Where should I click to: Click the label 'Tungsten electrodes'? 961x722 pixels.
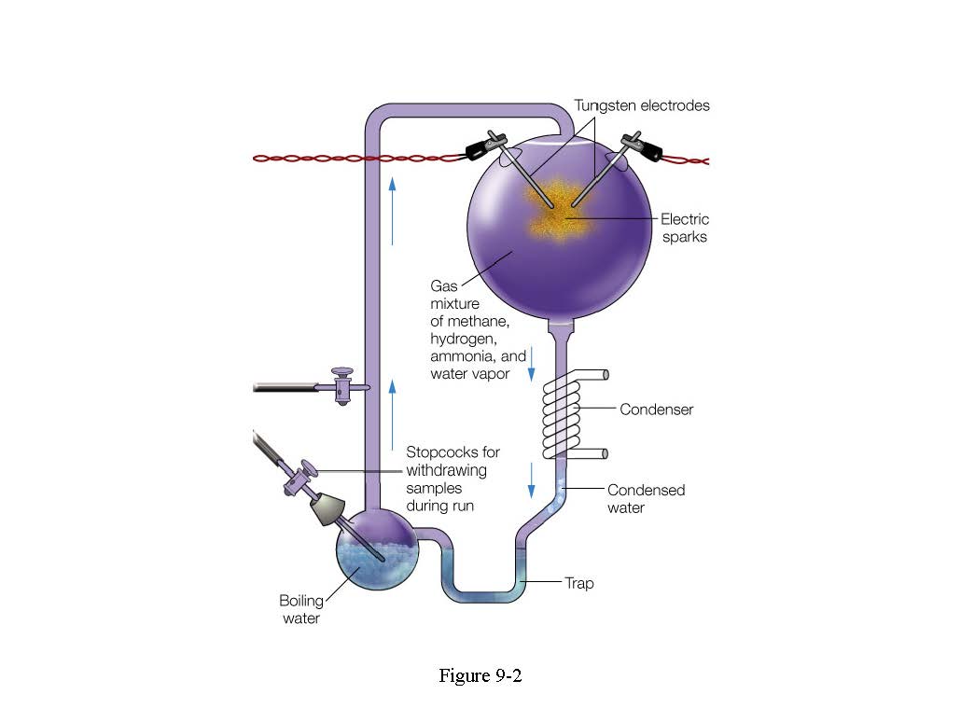641,105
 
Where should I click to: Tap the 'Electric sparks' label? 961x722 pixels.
685,228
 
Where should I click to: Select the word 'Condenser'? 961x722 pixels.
657,410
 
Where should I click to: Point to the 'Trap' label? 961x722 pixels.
578,584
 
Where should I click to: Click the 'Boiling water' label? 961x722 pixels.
300,609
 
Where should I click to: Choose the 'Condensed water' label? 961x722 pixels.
646,499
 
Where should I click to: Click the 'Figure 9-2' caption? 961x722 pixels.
480,675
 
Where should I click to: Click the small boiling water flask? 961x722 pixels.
377,557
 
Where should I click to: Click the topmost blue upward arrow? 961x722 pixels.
393,210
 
